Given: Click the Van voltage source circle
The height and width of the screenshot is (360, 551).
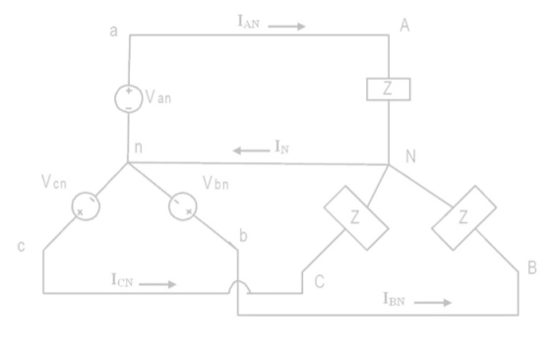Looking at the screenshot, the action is pyautogui.click(x=115, y=99).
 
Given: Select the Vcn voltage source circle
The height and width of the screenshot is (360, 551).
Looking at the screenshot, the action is pyautogui.click(x=72, y=207).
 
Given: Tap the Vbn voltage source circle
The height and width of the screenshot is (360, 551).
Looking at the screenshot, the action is pyautogui.click(x=168, y=207).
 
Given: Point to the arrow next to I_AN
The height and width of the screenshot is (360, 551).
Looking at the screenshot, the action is pyautogui.click(x=286, y=26).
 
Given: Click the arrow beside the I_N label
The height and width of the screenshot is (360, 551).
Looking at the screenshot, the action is pyautogui.click(x=251, y=150).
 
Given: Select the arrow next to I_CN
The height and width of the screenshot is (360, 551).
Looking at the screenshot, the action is pyautogui.click(x=157, y=284).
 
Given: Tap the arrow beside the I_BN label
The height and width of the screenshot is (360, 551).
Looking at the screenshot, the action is pyautogui.click(x=433, y=302).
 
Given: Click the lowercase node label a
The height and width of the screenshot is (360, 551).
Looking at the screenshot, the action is pyautogui.click(x=113, y=31).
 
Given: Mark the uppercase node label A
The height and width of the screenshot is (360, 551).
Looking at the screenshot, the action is pyautogui.click(x=404, y=26).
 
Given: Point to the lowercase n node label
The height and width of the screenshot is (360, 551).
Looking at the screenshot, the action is pyautogui.click(x=139, y=148).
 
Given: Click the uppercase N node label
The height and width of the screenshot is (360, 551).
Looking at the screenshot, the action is pyautogui.click(x=411, y=156).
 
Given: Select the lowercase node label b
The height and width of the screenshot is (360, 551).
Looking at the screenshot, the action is pyautogui.click(x=243, y=235).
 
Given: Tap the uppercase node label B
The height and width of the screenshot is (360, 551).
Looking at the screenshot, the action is pyautogui.click(x=532, y=268).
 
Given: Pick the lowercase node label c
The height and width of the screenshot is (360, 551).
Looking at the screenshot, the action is pyautogui.click(x=21, y=246).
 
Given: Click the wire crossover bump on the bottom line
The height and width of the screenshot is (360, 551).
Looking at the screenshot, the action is pyautogui.click(x=238, y=281).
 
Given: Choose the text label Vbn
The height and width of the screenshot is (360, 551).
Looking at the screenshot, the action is pyautogui.click(x=215, y=183).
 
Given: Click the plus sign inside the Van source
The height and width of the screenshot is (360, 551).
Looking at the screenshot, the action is pyautogui.click(x=129, y=90).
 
